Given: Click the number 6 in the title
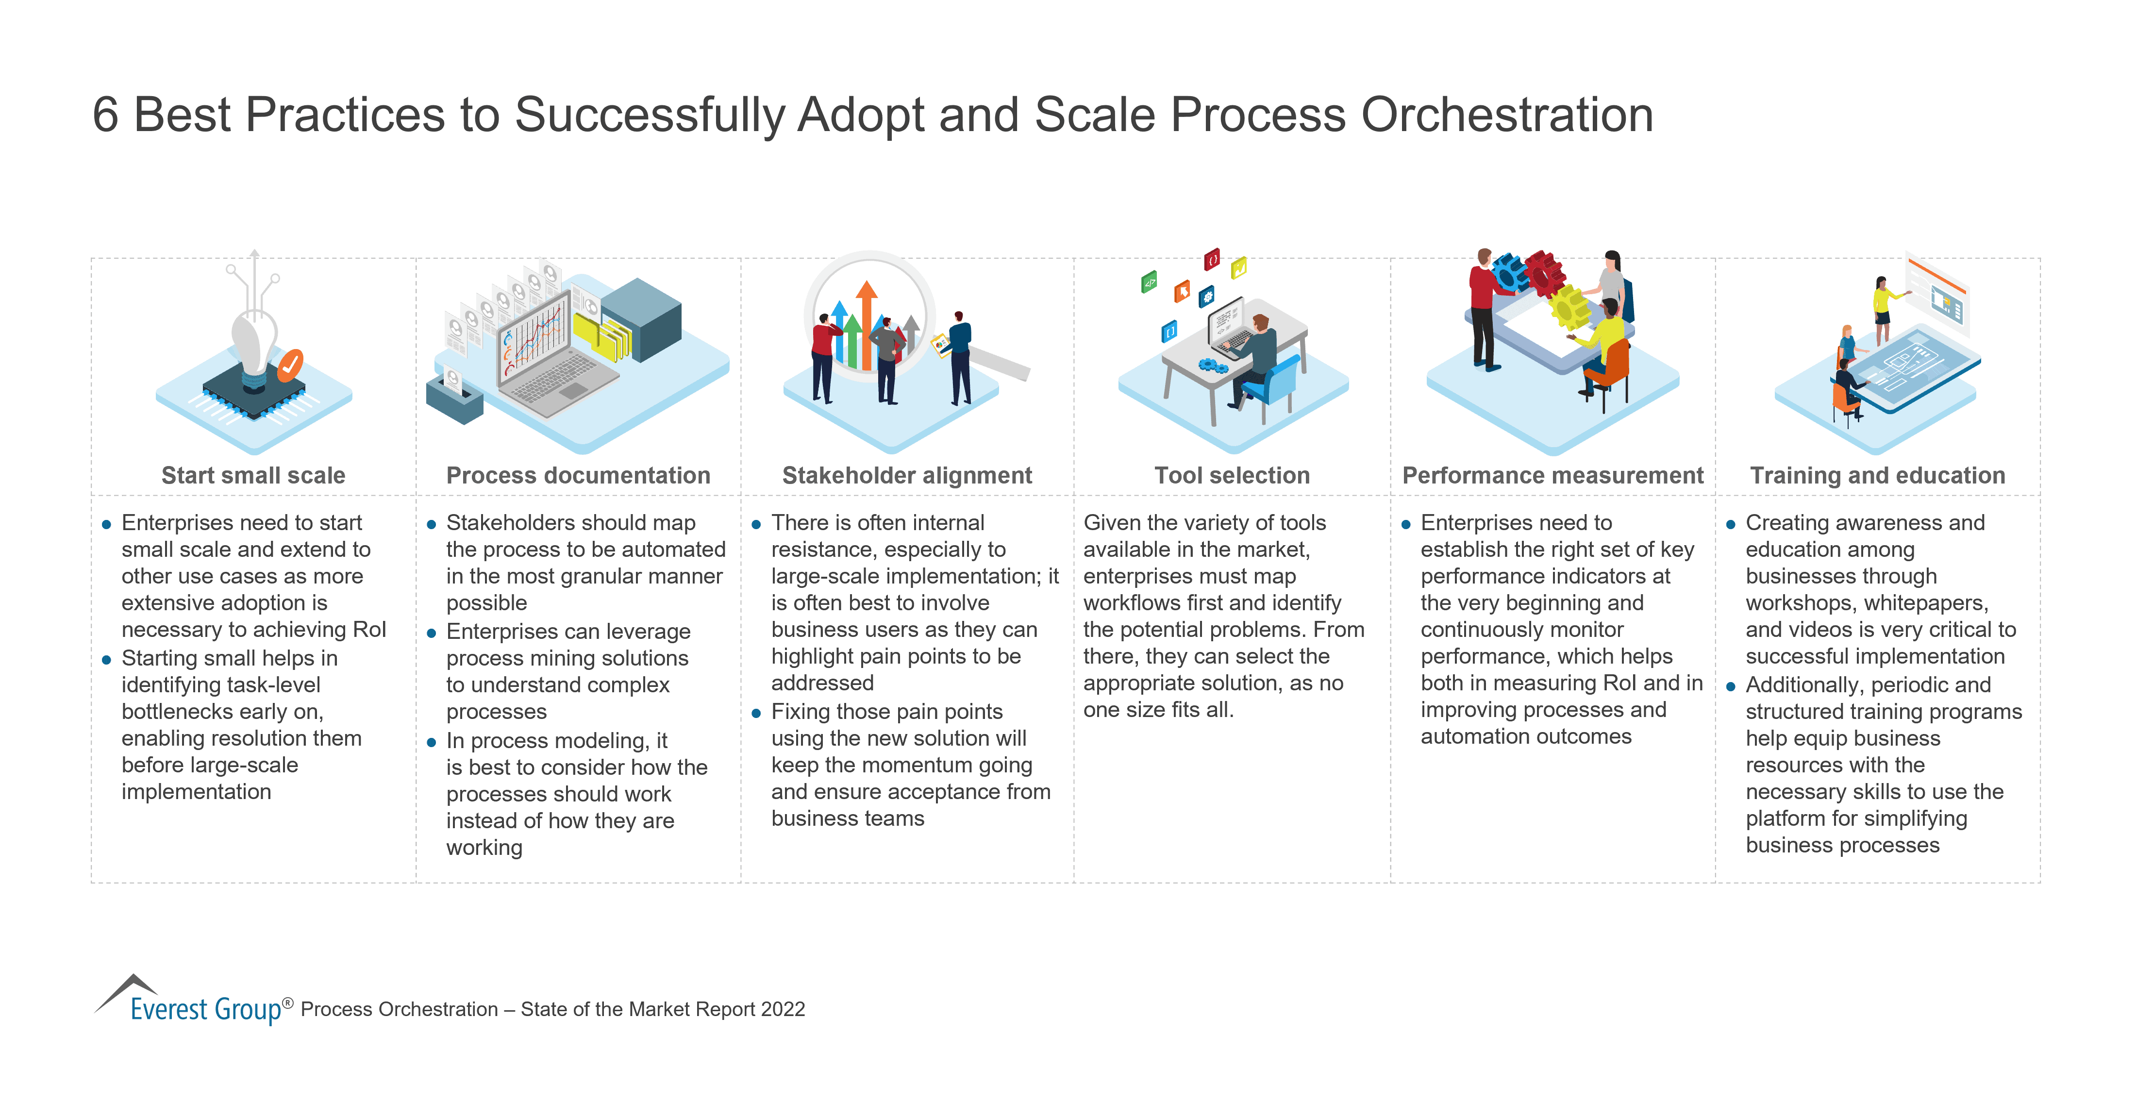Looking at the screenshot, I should pyautogui.click(x=105, y=115).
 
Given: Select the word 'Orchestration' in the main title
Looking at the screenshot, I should pyautogui.click(x=1507, y=115).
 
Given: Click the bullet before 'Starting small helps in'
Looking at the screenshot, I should pyautogui.click(x=106, y=660).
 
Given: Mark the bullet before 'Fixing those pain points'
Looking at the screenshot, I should pyautogui.click(x=756, y=713).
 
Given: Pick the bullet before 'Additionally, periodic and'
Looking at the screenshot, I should pyautogui.click(x=1731, y=687).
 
